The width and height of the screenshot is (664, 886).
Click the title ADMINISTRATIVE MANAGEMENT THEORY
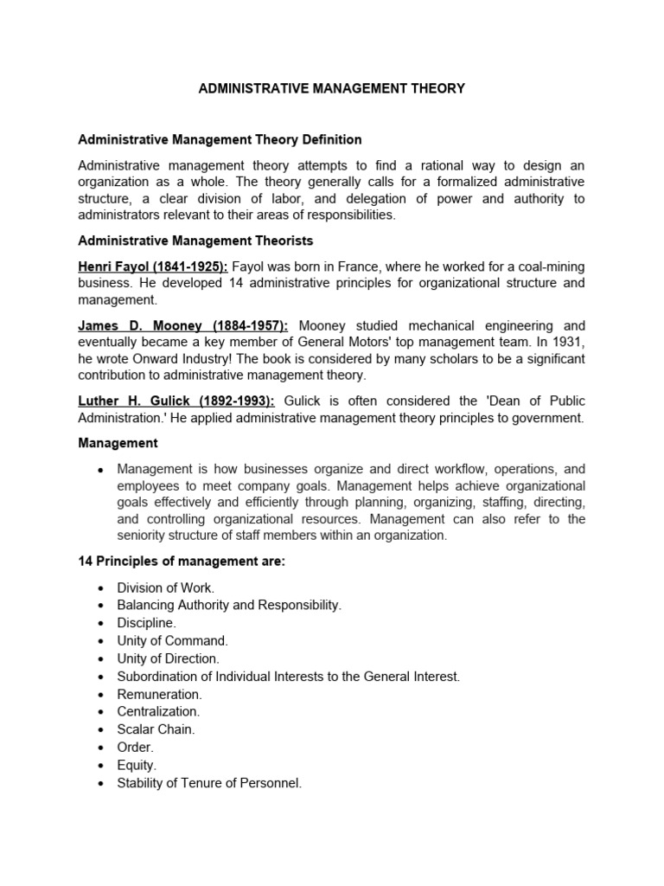332,88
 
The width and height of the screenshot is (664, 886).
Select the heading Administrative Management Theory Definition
220,139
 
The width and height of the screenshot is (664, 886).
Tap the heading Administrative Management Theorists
195,241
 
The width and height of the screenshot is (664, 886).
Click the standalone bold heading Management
118,443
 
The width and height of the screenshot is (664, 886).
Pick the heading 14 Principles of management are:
182,562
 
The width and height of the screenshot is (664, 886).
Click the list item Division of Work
166,587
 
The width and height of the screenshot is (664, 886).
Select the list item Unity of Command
173,641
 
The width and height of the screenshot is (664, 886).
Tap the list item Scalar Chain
156,729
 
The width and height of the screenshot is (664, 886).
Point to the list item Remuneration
160,694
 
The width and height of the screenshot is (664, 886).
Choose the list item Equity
137,765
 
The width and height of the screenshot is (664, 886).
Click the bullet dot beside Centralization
101,712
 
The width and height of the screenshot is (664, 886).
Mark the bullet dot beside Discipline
101,624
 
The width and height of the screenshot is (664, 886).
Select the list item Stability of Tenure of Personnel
210,783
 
